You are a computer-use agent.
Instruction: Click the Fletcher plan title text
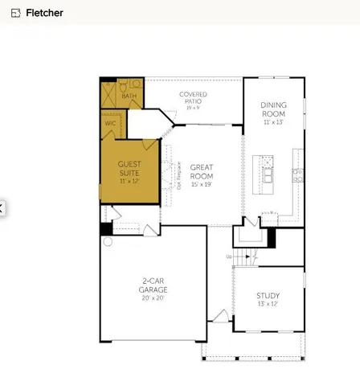[x=44, y=13]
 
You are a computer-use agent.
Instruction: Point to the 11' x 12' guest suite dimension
[x=129, y=181]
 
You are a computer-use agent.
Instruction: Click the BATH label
[x=129, y=96]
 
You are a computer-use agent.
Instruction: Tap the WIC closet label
[x=110, y=123]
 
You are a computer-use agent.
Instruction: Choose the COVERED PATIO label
[x=193, y=97]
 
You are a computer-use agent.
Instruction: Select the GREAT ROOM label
[x=202, y=171]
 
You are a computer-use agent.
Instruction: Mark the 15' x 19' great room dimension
[x=202, y=185]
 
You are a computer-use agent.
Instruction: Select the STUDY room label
[x=268, y=295]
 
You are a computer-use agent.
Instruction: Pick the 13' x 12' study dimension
[x=268, y=305]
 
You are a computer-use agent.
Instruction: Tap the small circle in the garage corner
[x=108, y=241]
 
